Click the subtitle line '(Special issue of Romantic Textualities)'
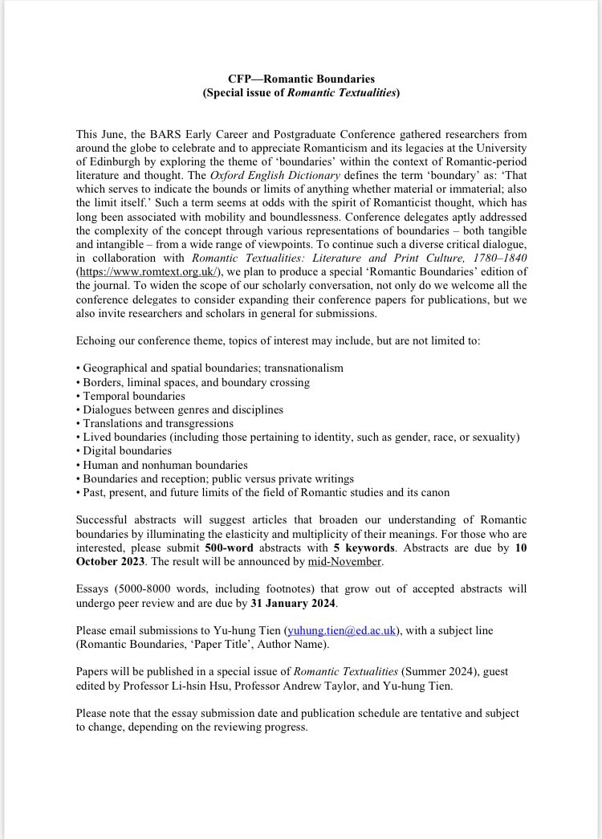pyautogui.click(x=301, y=93)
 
